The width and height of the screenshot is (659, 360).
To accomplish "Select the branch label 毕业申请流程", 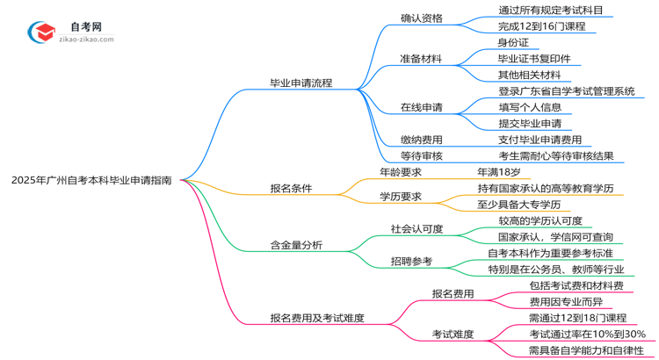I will click(x=301, y=83).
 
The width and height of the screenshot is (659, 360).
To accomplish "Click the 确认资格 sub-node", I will click(x=422, y=18).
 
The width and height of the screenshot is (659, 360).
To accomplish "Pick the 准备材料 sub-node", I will click(x=422, y=59).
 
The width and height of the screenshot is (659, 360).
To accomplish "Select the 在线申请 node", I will click(x=422, y=107).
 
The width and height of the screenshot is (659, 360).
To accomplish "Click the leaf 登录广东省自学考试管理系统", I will click(x=566, y=91).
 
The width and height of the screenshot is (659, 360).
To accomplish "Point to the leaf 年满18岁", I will click(x=497, y=172).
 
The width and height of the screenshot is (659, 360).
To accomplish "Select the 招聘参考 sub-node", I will click(x=411, y=262).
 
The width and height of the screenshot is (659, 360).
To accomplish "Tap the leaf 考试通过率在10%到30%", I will click(x=587, y=334).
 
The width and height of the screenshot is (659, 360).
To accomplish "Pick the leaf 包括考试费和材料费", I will click(x=576, y=285).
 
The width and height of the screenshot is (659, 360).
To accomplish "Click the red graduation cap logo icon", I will click(x=41, y=33).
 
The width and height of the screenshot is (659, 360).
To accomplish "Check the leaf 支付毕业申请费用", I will click(x=540, y=140).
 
